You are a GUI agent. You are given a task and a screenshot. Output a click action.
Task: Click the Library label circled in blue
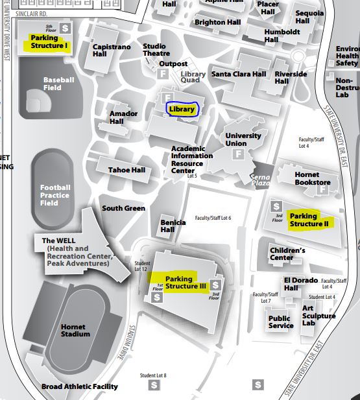[x=182, y=110]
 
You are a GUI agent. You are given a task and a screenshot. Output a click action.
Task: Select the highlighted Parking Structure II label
[x=309, y=220]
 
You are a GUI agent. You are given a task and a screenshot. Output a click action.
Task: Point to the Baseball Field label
[x=59, y=83]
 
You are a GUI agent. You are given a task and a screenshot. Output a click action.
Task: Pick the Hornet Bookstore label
[x=312, y=178]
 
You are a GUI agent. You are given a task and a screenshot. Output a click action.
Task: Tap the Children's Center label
[x=287, y=253]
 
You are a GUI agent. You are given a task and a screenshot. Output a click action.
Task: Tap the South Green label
[x=123, y=208]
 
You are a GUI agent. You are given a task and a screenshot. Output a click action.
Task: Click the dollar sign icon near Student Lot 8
[x=154, y=385]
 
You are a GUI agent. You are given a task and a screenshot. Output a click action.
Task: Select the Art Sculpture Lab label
[x=318, y=316]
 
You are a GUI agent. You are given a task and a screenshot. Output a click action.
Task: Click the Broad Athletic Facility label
[x=80, y=386]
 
